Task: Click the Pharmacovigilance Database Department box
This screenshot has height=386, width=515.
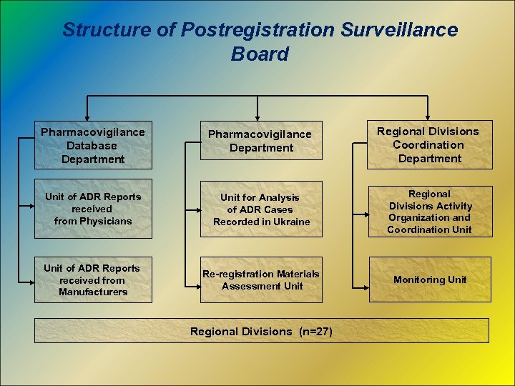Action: [x=93, y=145]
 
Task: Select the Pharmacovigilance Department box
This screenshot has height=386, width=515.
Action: [x=261, y=141]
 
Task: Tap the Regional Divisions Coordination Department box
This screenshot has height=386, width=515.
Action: [x=429, y=144]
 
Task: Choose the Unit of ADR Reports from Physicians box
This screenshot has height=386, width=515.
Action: [x=93, y=208]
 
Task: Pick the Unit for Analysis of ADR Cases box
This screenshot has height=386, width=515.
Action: [x=261, y=209]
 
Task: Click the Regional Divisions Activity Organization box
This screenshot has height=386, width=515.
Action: [x=429, y=212]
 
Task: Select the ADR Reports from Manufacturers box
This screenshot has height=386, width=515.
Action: [x=93, y=279]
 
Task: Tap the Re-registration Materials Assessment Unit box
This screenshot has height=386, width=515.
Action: [x=261, y=279]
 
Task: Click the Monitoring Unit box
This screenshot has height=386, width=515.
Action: [x=429, y=279]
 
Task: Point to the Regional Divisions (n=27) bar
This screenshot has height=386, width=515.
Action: [x=261, y=331]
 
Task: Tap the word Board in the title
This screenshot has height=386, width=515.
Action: [x=260, y=54]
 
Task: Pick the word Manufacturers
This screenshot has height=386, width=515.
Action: [x=93, y=292]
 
